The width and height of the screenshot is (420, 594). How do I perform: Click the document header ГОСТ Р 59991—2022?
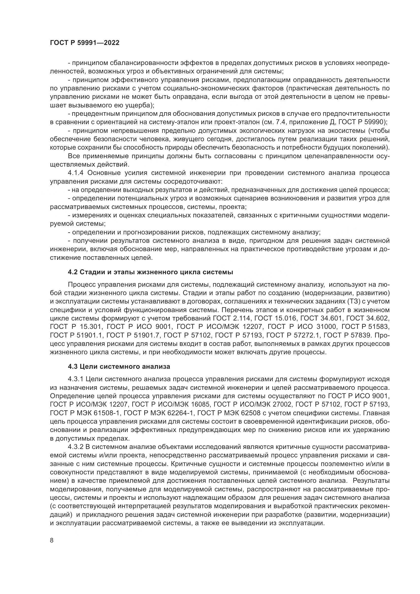coord(85,43)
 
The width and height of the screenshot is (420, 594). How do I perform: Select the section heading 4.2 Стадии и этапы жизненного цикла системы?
coord(151,272)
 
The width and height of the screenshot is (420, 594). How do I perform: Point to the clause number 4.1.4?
coord(76,173)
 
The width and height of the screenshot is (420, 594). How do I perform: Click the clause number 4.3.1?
coord(75,379)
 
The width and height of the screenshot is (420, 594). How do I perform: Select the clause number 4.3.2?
coord(75,447)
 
